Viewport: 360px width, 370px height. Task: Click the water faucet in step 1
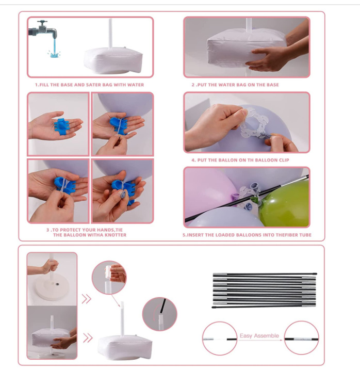pyautogui.click(x=43, y=30)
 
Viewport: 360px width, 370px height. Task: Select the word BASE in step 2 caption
pyautogui.click(x=272, y=85)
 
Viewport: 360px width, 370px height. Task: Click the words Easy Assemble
pyautogui.click(x=259, y=335)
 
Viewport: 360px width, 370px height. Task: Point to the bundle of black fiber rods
pyautogui.click(x=264, y=291)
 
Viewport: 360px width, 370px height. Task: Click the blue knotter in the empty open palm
pyautogui.click(x=61, y=127)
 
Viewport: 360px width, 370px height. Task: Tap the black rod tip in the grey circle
pyautogui.click(x=162, y=305)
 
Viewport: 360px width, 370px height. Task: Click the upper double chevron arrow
pyautogui.click(x=86, y=299)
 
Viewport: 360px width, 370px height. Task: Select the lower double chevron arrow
pyautogui.click(x=88, y=338)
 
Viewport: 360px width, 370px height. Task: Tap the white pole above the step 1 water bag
pyautogui.click(x=110, y=34)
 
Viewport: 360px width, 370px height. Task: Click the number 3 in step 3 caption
pyautogui.click(x=47, y=230)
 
